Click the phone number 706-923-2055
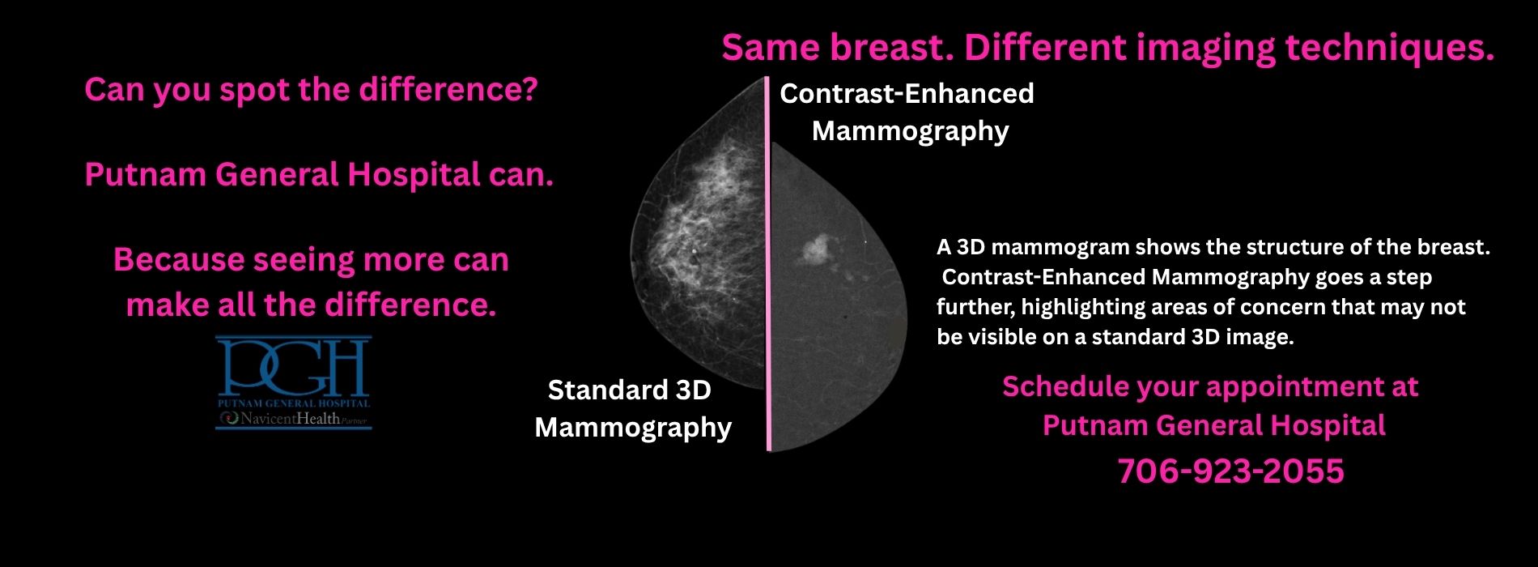pyautogui.click(x=1230, y=471)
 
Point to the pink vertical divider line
pyautogui.click(x=768, y=267)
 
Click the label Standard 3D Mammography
pyautogui.click(x=631, y=408)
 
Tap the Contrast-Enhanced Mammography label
pyautogui.click(x=907, y=112)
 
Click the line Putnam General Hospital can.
pyautogui.click(x=319, y=175)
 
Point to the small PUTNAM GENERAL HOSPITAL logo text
pyautogui.click(x=294, y=403)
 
